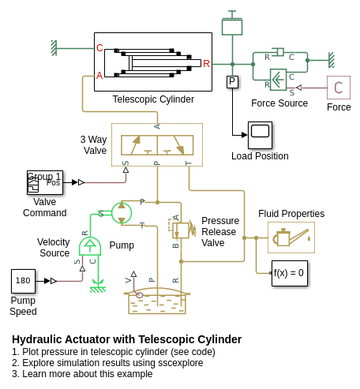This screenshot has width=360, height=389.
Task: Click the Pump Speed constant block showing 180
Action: click(x=23, y=281)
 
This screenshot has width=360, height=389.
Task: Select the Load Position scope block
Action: click(x=260, y=135)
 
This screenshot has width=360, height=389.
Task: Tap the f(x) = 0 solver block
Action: click(x=290, y=273)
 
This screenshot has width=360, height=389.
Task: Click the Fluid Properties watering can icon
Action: click(x=291, y=238)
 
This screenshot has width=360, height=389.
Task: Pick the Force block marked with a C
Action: click(x=339, y=88)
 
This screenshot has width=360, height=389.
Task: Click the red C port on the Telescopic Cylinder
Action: click(x=99, y=48)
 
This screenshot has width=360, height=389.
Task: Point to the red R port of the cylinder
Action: click(x=206, y=64)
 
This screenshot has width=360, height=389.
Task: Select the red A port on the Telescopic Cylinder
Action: click(x=99, y=76)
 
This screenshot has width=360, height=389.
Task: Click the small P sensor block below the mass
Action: click(x=232, y=82)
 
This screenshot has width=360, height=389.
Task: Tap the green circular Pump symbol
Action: click(x=122, y=213)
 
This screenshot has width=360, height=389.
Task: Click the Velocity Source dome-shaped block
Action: click(x=90, y=246)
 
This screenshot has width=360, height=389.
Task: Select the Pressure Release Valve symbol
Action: click(x=182, y=230)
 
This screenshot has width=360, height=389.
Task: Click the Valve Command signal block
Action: click(x=45, y=182)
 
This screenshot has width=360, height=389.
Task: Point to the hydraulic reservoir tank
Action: click(x=157, y=301)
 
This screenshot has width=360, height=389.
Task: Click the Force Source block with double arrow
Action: click(x=279, y=80)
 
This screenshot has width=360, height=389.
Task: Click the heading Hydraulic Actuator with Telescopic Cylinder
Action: click(x=127, y=339)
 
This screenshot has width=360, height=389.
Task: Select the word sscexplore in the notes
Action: click(x=181, y=363)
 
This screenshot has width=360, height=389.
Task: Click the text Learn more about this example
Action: click(x=88, y=374)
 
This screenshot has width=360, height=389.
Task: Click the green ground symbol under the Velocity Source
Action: click(x=98, y=286)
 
